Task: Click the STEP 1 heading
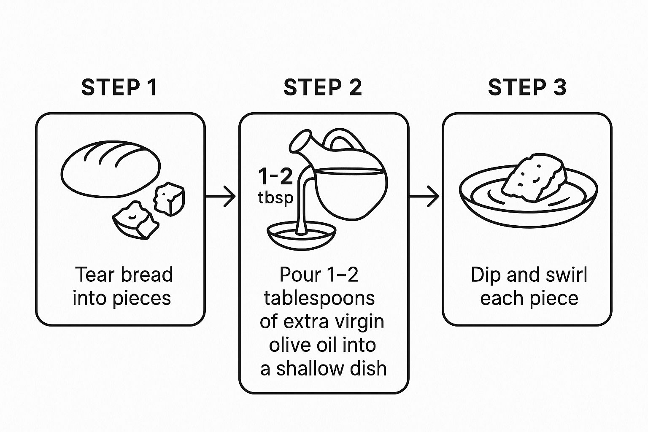tap(119, 87)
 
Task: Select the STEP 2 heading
tap(323, 87)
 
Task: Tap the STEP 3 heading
tap(527, 87)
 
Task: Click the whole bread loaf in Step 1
tap(111, 169)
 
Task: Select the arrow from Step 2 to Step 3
tap(424, 197)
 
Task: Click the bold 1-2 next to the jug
tap(275, 176)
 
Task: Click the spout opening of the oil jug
tap(300, 141)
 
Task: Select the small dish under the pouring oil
tap(302, 235)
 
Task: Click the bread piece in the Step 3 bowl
tap(534, 178)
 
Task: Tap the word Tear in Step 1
tap(95, 275)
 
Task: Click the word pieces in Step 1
tap(142, 299)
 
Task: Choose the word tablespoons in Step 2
tap(319, 298)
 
